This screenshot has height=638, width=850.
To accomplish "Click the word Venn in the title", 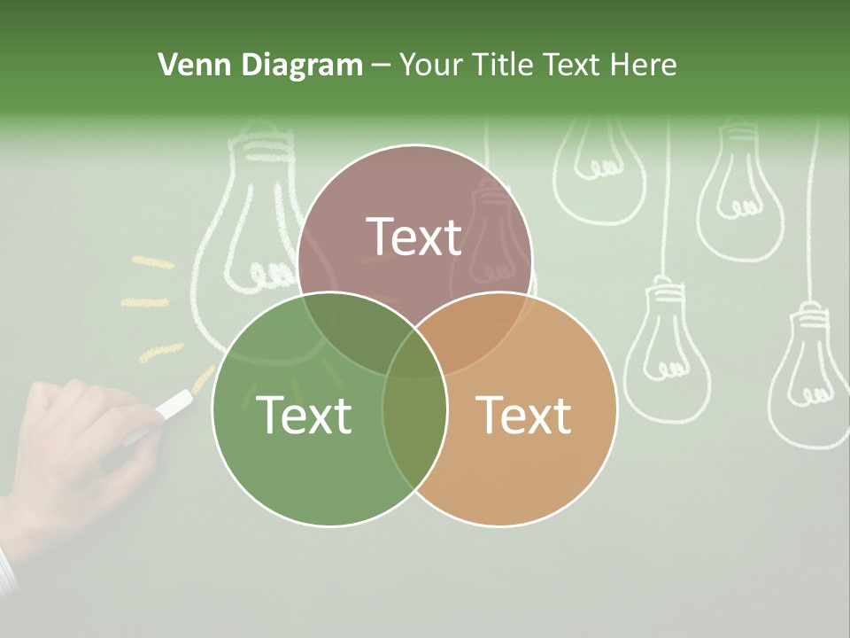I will point(189,65).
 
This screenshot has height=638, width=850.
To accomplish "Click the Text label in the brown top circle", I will point(414,237).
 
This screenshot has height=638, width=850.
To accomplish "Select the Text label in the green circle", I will point(304,415).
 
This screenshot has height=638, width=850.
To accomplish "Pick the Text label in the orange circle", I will point(524,415).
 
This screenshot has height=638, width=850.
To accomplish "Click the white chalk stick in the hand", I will point(174,404).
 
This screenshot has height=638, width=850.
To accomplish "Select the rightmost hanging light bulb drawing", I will point(807,372).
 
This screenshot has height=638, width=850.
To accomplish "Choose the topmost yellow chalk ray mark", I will point(152,262).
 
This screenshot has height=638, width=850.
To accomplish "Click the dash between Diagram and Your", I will point(381,65).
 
